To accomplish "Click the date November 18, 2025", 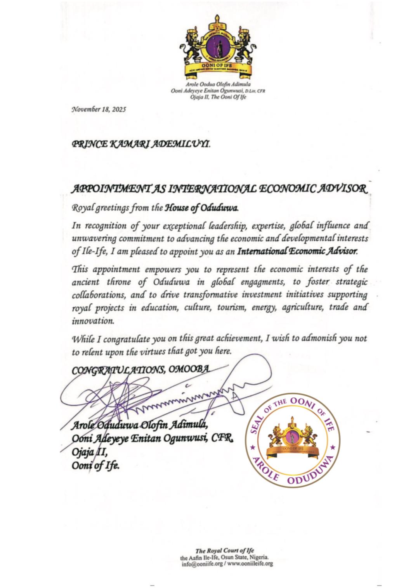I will (x=99, y=110).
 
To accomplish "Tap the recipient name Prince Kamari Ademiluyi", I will (x=141, y=144).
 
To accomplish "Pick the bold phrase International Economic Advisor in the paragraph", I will (x=297, y=251).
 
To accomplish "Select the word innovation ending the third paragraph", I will (x=93, y=321).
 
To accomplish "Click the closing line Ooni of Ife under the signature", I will (x=95, y=466).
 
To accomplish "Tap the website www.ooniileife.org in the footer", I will (x=250, y=564).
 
